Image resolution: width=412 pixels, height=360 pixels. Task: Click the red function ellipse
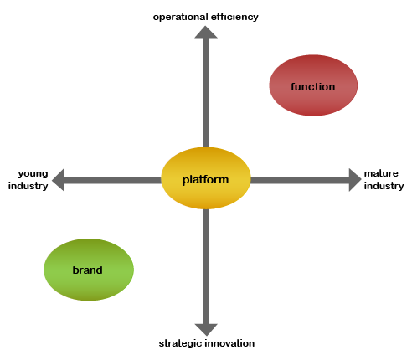[x=313, y=85]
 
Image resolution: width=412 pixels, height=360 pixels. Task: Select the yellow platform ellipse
[x=206, y=178]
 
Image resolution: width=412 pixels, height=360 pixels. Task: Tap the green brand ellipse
[x=89, y=270]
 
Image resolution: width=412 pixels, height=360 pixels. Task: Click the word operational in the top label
[x=181, y=17]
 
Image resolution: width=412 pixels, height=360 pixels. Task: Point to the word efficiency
[x=234, y=17]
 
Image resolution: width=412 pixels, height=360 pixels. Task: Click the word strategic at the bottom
[x=180, y=343]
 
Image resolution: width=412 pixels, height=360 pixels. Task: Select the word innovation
[x=229, y=343]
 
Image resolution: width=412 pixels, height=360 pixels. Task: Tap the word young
[x=33, y=174]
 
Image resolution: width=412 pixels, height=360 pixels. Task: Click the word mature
[x=381, y=173]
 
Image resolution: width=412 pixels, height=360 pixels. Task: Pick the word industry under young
[x=28, y=186]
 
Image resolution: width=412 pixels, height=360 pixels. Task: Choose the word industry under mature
[x=384, y=186]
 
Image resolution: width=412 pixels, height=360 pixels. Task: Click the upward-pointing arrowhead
[x=206, y=32]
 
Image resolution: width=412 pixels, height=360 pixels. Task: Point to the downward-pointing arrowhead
[x=206, y=330]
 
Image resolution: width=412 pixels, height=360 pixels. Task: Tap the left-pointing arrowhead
[x=58, y=180]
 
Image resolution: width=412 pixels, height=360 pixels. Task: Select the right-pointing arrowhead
[x=355, y=180]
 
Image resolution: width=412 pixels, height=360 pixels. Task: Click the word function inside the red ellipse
[x=312, y=87]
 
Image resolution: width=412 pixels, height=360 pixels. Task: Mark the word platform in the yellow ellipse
[x=205, y=180]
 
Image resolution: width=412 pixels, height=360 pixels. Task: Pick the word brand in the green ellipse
[x=87, y=270]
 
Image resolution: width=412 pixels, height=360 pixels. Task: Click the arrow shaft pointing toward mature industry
[x=300, y=180]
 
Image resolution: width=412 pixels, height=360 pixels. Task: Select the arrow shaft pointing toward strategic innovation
[x=206, y=266]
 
